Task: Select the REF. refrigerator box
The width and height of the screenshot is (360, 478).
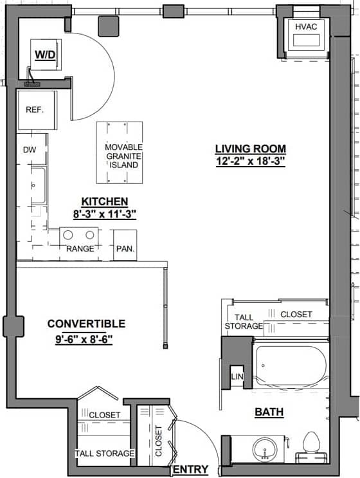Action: click(35, 110)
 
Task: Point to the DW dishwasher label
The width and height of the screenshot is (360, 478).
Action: click(30, 150)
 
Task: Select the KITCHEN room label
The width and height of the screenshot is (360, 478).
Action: click(104, 201)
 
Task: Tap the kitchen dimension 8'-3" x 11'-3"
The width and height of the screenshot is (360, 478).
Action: click(104, 212)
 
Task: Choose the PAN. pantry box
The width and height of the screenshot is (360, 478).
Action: click(124, 248)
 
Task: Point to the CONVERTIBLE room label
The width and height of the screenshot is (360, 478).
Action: click(86, 324)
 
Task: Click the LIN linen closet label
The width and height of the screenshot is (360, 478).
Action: click(236, 376)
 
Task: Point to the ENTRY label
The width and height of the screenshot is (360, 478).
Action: click(191, 470)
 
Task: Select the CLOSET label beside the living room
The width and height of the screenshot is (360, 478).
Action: click(296, 315)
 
